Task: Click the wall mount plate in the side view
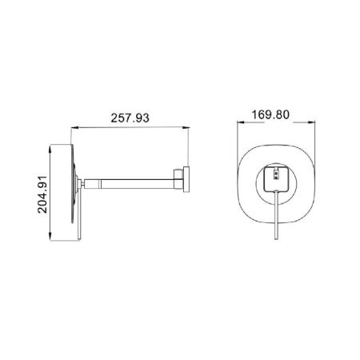coord(188,181)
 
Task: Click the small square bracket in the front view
coord(274,180)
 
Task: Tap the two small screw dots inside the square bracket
coord(274,174)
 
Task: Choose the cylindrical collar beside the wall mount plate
coord(182,181)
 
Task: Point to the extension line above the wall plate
coord(189,144)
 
